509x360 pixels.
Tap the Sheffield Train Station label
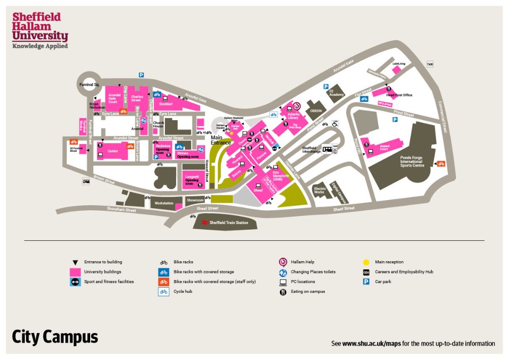click(x=229, y=223)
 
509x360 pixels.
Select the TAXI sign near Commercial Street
click(x=430, y=64)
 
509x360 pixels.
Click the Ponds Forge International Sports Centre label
click(x=411, y=162)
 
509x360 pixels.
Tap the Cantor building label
click(x=112, y=151)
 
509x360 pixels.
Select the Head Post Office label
click(x=399, y=95)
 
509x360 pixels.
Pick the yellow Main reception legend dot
click(x=367, y=262)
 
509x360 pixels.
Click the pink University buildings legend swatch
click(x=75, y=272)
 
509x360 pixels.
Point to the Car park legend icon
click(x=366, y=282)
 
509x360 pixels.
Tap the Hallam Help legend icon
click(x=283, y=262)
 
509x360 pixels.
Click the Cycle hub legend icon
click(x=164, y=292)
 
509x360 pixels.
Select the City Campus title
click(x=55, y=337)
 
